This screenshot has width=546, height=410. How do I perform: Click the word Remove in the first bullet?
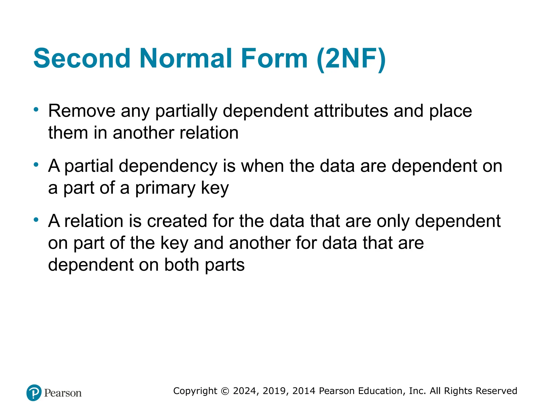(82, 111)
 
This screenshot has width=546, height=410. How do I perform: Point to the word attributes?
(351, 111)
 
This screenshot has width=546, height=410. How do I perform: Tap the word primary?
(165, 188)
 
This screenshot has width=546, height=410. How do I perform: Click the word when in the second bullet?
(262, 166)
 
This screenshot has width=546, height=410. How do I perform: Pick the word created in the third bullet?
(177, 221)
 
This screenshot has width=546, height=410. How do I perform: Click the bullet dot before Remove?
(36, 109)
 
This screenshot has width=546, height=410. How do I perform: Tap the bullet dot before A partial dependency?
(36, 165)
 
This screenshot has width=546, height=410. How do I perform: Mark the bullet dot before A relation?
(36, 220)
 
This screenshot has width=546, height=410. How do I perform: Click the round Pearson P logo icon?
(34, 393)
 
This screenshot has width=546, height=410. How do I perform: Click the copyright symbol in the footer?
(225, 391)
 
